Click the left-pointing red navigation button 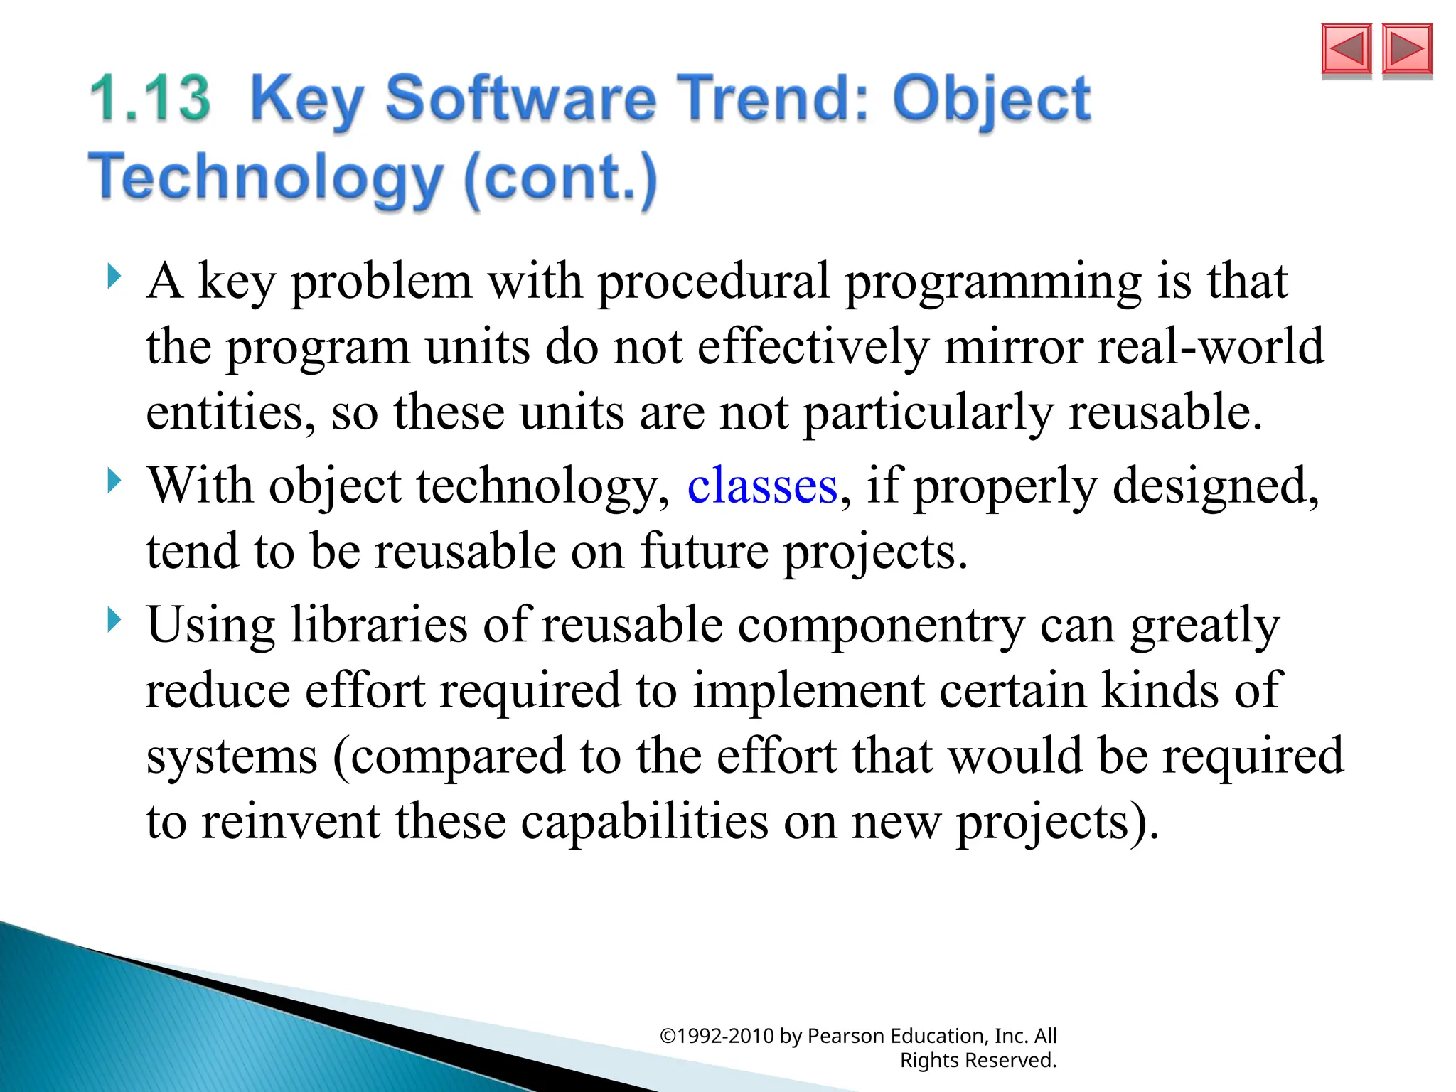click(x=1346, y=50)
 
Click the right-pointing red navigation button click(x=1406, y=50)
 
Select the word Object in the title click(x=991, y=100)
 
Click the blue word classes click(x=762, y=486)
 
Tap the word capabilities click(x=644, y=822)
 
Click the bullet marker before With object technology click(x=114, y=481)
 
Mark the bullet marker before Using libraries click(x=114, y=620)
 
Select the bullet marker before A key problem click(x=114, y=277)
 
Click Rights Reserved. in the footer click(x=978, y=1060)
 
